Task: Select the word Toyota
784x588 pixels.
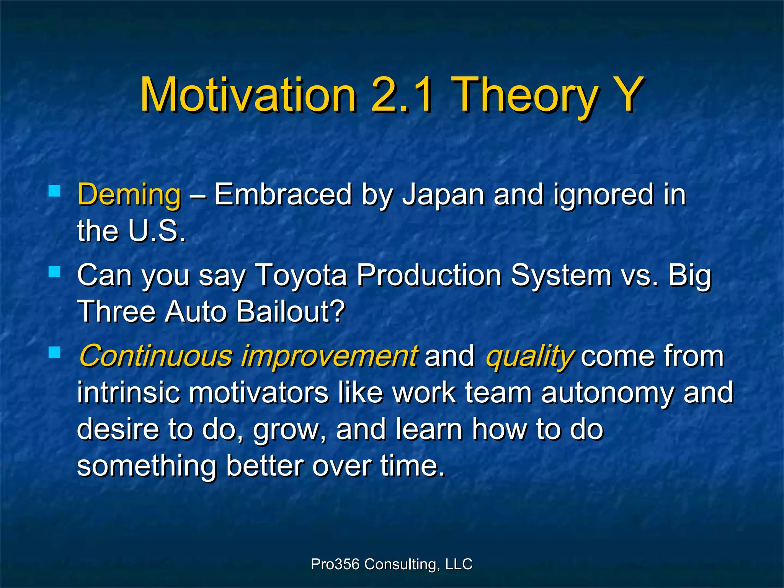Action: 301,275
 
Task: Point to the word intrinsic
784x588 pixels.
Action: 128,393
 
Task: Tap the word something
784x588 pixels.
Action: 147,466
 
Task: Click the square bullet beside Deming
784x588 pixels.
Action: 55,191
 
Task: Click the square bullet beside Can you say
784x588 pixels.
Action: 55,272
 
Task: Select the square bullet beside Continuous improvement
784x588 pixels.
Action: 55,352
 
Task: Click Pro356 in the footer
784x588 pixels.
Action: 335,564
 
